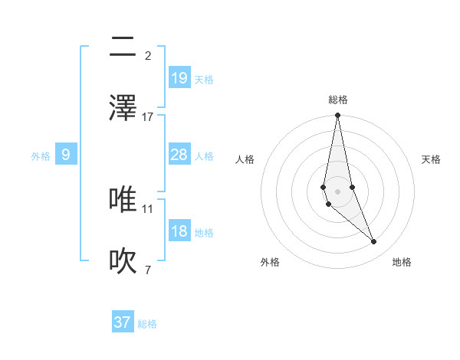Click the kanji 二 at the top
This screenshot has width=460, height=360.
pos(123,47)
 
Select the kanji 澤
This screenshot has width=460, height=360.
pos(123,108)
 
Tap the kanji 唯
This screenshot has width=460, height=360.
pos(123,199)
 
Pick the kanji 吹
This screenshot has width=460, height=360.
pos(123,261)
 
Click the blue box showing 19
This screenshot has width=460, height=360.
pos(179,77)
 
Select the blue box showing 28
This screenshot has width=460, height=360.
pos(179,155)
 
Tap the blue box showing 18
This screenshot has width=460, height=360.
pos(179,231)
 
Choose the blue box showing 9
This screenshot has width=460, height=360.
pos(66,155)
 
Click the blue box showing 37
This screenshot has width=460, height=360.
pos(123,322)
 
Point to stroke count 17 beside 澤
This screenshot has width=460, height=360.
pos(148,116)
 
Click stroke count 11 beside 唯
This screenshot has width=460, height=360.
pos(148,208)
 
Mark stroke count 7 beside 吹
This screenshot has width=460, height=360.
pos(148,270)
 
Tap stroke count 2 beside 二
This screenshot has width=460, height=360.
pos(148,55)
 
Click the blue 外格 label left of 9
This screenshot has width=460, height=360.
pos(41,155)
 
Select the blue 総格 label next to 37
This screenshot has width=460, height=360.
pos(147,323)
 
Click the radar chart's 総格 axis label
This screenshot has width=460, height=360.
pos(338,100)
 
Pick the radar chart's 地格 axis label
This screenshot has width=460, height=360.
pos(402,262)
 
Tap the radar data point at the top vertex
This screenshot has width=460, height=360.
pos(337,116)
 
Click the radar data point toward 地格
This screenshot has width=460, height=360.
pos(374,242)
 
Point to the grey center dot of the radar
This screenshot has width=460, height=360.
pos(337,191)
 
